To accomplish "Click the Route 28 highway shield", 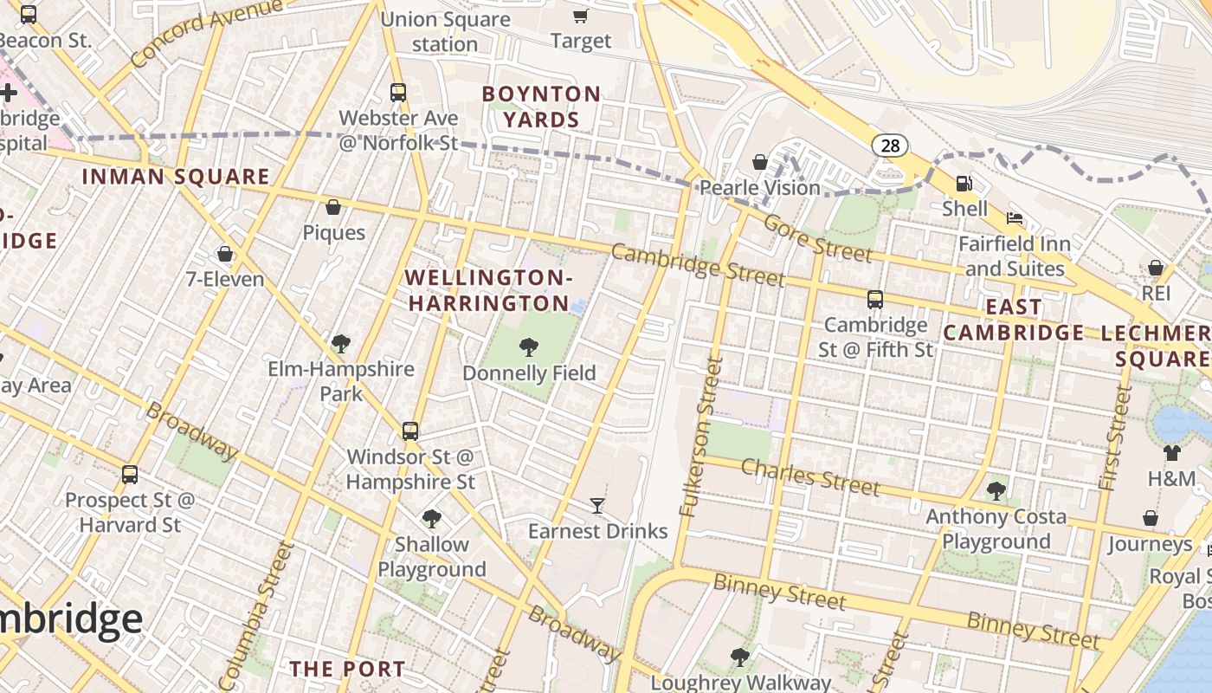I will pyautogui.click(x=890, y=146).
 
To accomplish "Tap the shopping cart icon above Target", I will pyautogui.click(x=580, y=16).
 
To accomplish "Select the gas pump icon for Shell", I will pyautogui.click(x=964, y=183).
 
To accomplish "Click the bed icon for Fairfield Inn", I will pyautogui.click(x=1015, y=217).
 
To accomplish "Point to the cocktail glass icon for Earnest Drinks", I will pyautogui.click(x=596, y=505).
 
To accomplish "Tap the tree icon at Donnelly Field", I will pyautogui.click(x=528, y=347).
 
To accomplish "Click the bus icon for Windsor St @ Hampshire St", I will pyautogui.click(x=410, y=431).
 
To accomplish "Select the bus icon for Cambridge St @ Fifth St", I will pyautogui.click(x=875, y=300).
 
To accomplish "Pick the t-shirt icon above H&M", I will pyautogui.click(x=1171, y=452).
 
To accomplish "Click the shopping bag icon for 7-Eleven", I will pyautogui.click(x=225, y=254).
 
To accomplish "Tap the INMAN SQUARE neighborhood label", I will pyautogui.click(x=176, y=177).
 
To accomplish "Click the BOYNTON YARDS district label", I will pyautogui.click(x=541, y=107).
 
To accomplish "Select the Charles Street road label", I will pyautogui.click(x=810, y=477).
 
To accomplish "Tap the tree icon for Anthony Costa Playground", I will pyautogui.click(x=996, y=490).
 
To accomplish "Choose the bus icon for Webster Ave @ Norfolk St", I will pyautogui.click(x=398, y=92).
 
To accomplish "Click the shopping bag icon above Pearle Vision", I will pyautogui.click(x=760, y=162).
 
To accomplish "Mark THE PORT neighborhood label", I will pyautogui.click(x=347, y=669).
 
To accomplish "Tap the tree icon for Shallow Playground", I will pyautogui.click(x=431, y=519).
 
